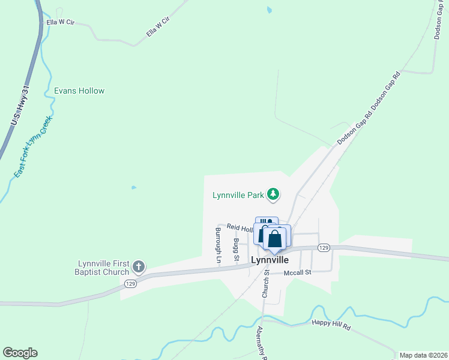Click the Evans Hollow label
point(79,91)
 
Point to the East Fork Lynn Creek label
point(34,147)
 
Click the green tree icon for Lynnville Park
point(274,194)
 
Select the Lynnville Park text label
point(238,195)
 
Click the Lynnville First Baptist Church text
point(104,268)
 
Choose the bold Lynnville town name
point(270,260)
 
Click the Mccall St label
point(298,272)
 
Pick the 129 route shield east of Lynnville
point(324,248)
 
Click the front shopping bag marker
point(274,238)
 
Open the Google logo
point(20,353)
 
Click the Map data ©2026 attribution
point(423,355)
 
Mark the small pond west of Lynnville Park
point(134,187)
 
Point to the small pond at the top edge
point(269,10)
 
